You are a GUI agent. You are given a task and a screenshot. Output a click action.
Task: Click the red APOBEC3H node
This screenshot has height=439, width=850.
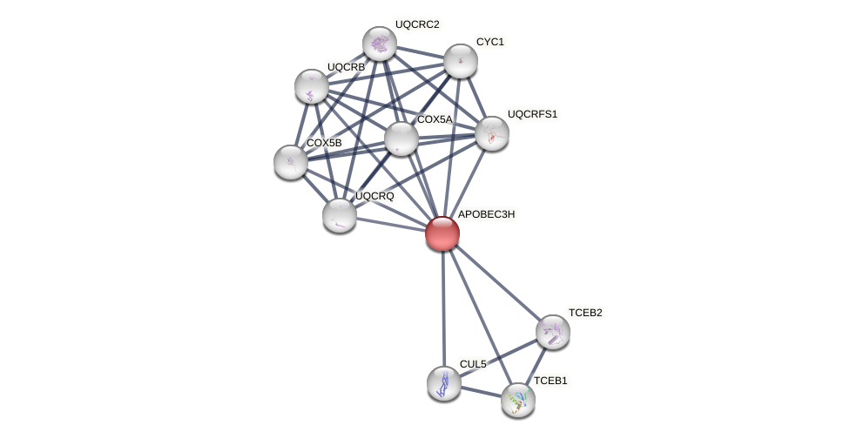pyautogui.click(x=442, y=233)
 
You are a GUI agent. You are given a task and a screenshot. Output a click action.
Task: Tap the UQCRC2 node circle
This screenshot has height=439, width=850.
pyautogui.click(x=380, y=44)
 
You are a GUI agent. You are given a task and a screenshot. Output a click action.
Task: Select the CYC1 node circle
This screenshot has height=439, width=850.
pyautogui.click(x=461, y=61)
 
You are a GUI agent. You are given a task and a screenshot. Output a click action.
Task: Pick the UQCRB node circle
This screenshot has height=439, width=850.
pyautogui.click(x=312, y=86)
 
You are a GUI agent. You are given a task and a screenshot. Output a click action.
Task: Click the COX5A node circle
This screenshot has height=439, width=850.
pyautogui.click(x=401, y=138)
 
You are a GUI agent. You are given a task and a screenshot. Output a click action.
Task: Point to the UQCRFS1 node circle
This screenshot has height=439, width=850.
pyautogui.click(x=492, y=133)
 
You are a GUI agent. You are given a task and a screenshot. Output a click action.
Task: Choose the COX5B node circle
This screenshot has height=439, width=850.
pyautogui.click(x=291, y=162)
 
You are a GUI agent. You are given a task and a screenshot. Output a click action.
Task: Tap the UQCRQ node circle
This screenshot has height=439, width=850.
pyautogui.click(x=340, y=215)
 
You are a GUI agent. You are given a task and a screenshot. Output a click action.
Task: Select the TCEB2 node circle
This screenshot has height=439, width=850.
pyautogui.click(x=553, y=332)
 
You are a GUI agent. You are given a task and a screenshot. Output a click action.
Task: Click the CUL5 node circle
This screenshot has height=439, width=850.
pyautogui.click(x=444, y=383)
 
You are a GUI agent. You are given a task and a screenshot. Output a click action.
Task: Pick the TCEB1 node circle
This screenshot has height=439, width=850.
pyautogui.click(x=518, y=400)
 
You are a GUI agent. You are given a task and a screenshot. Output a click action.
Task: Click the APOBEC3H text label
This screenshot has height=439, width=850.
pyautogui.click(x=486, y=214)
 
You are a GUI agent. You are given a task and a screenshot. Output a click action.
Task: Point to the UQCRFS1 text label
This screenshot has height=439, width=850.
pyautogui.click(x=532, y=114)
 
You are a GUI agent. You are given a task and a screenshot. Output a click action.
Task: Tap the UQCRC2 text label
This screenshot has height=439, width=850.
pyautogui.click(x=417, y=24)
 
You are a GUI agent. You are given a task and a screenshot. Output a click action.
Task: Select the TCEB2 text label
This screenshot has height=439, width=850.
pyautogui.click(x=585, y=313)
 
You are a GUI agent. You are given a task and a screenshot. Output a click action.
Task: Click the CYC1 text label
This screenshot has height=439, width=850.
pyautogui.click(x=489, y=42)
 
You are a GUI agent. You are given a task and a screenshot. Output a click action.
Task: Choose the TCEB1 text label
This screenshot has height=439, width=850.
pyautogui.click(x=550, y=381)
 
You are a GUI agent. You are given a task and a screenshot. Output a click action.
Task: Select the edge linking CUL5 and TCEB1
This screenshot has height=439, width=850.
pyautogui.click(x=481, y=392)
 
